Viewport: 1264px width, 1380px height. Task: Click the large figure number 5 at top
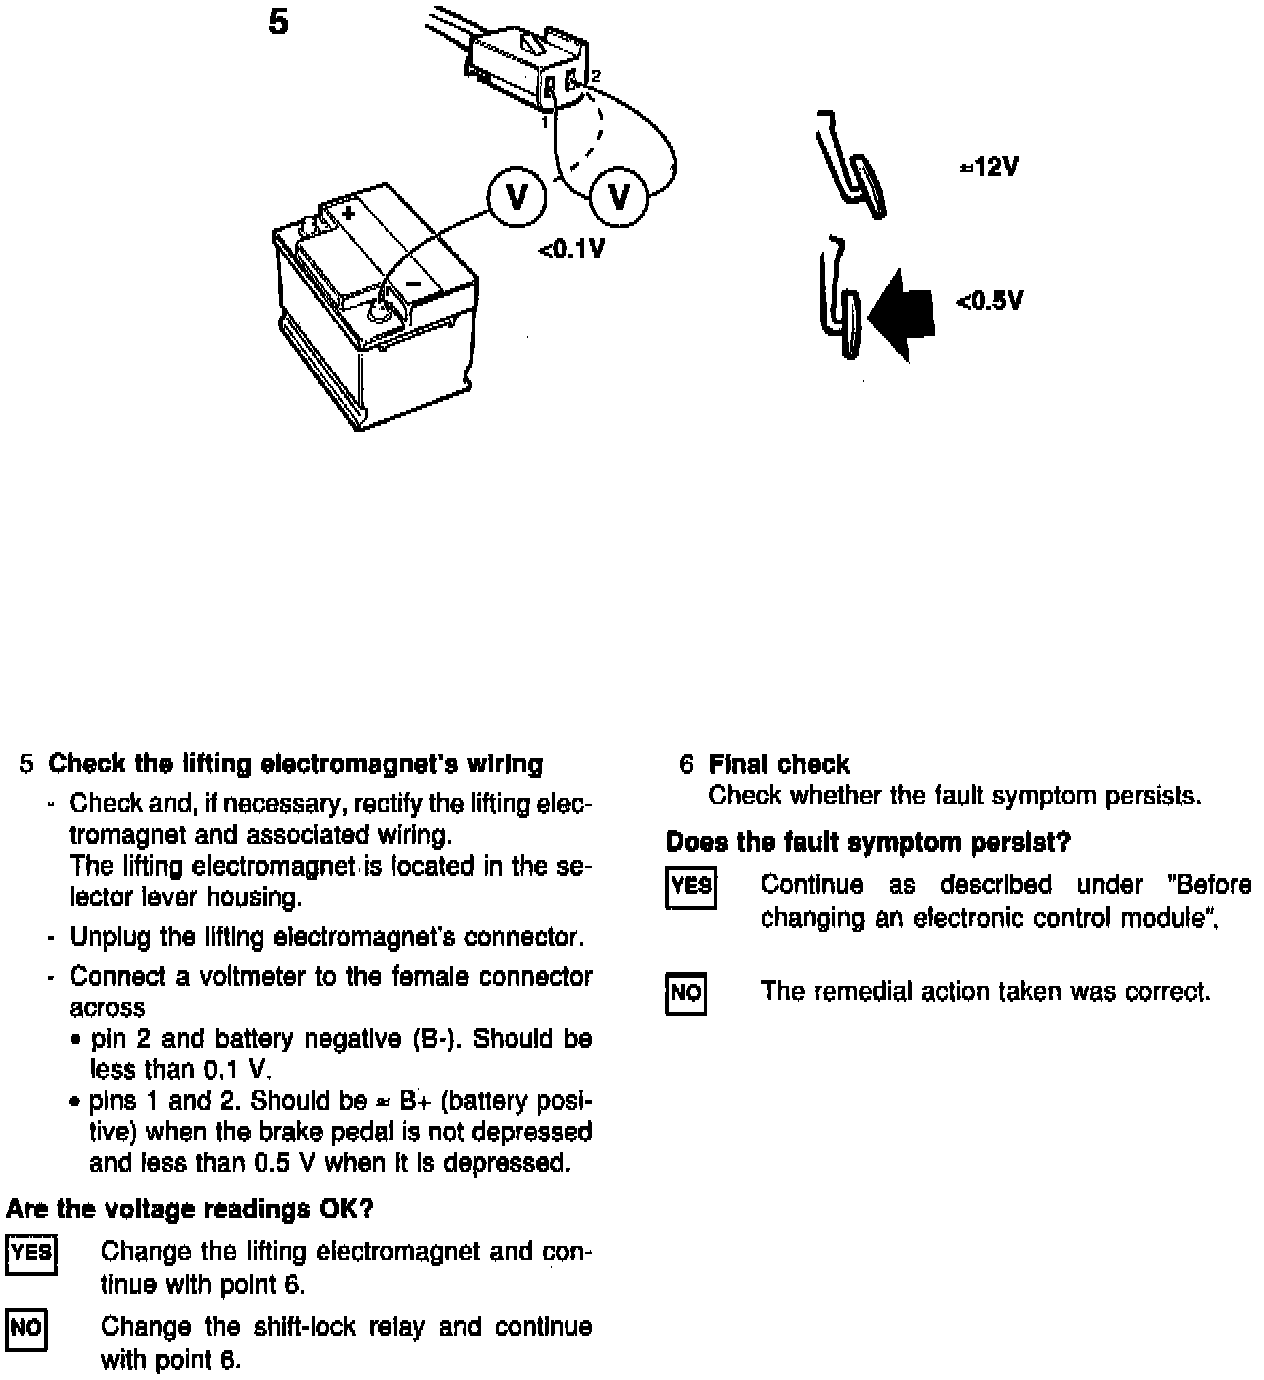click(279, 21)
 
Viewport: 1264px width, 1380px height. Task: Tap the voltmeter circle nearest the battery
click(516, 197)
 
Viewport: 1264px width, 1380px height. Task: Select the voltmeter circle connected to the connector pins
click(620, 197)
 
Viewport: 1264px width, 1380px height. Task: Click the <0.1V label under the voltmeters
click(572, 249)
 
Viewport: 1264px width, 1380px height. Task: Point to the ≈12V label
click(989, 167)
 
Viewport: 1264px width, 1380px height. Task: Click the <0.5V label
click(989, 301)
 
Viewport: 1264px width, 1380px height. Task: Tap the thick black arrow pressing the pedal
click(902, 312)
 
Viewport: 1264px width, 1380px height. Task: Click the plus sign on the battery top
click(348, 214)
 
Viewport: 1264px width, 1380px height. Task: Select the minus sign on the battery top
click(413, 284)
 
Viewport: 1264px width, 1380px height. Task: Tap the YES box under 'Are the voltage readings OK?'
click(31, 1255)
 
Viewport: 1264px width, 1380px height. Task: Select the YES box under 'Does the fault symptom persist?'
click(691, 887)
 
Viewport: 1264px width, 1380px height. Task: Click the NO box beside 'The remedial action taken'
click(686, 993)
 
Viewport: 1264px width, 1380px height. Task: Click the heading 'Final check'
click(778, 765)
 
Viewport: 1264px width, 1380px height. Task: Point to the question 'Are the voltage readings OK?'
click(190, 1209)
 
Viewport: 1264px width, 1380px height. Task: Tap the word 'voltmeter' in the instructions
click(255, 977)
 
